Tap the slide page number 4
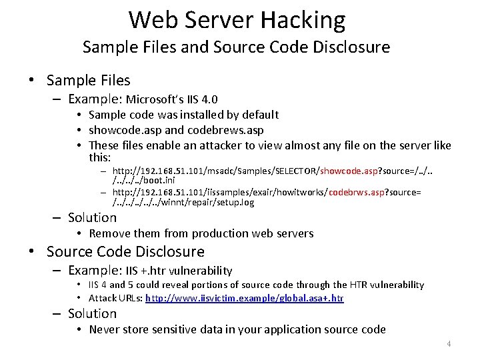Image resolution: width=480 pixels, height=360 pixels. point(449,344)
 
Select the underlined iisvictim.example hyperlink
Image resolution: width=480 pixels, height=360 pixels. point(245,299)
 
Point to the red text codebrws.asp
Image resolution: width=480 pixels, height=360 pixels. point(351,193)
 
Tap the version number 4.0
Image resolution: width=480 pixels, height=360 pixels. point(209,100)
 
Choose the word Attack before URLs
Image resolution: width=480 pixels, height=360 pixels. point(104,299)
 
